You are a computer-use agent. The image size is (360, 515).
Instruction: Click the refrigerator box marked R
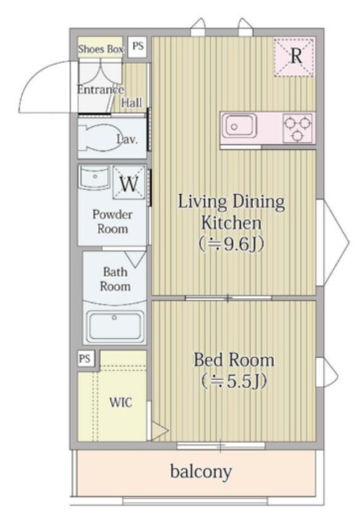(x=294, y=57)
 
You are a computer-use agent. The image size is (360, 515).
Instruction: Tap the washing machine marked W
(x=129, y=183)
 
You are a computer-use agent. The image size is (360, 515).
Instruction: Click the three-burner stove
(x=297, y=128)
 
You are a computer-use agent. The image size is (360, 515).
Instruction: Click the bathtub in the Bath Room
(x=114, y=327)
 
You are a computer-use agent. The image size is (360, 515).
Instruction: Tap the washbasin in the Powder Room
(x=94, y=178)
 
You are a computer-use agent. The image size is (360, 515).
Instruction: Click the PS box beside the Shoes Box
(x=138, y=47)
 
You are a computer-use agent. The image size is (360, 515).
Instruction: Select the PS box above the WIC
(x=85, y=358)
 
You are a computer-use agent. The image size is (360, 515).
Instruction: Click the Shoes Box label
(x=101, y=49)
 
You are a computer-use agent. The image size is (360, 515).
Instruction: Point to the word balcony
(x=201, y=472)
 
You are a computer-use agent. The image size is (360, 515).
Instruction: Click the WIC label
(x=121, y=402)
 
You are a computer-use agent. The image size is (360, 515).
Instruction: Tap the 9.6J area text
(x=231, y=244)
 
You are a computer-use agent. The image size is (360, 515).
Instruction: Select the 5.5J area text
(x=234, y=381)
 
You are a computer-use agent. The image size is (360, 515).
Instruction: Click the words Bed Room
(x=234, y=360)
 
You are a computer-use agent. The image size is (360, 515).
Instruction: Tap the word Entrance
(x=101, y=89)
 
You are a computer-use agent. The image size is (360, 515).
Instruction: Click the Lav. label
(x=127, y=139)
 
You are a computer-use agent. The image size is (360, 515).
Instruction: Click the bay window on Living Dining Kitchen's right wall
(x=332, y=242)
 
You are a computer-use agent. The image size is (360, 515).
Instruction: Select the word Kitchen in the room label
(x=231, y=223)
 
